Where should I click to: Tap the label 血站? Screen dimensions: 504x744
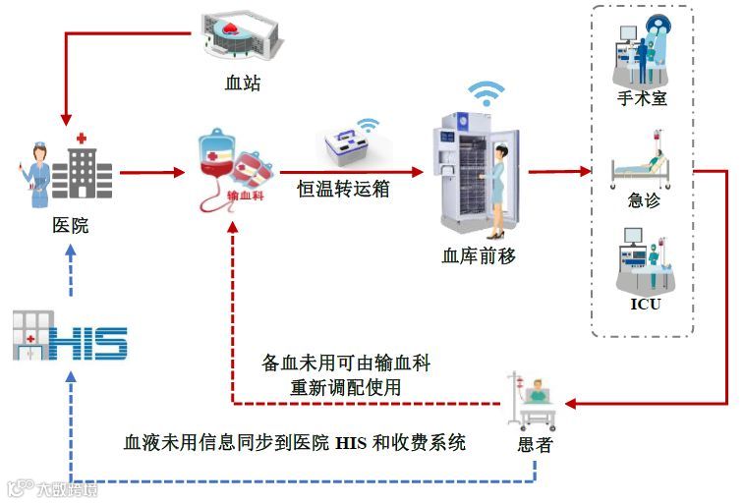242,83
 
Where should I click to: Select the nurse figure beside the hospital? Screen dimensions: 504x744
37,174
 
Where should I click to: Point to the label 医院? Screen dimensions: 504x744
70,225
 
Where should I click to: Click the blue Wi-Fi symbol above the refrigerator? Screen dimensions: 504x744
485,94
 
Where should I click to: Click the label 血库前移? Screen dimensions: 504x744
479,255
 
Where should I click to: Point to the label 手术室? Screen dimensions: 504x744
643,98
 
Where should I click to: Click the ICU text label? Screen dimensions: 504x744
645,304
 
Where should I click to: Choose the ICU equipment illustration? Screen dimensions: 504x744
644,257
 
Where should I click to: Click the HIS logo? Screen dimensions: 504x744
71,334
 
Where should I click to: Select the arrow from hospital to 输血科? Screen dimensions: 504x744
152,173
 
